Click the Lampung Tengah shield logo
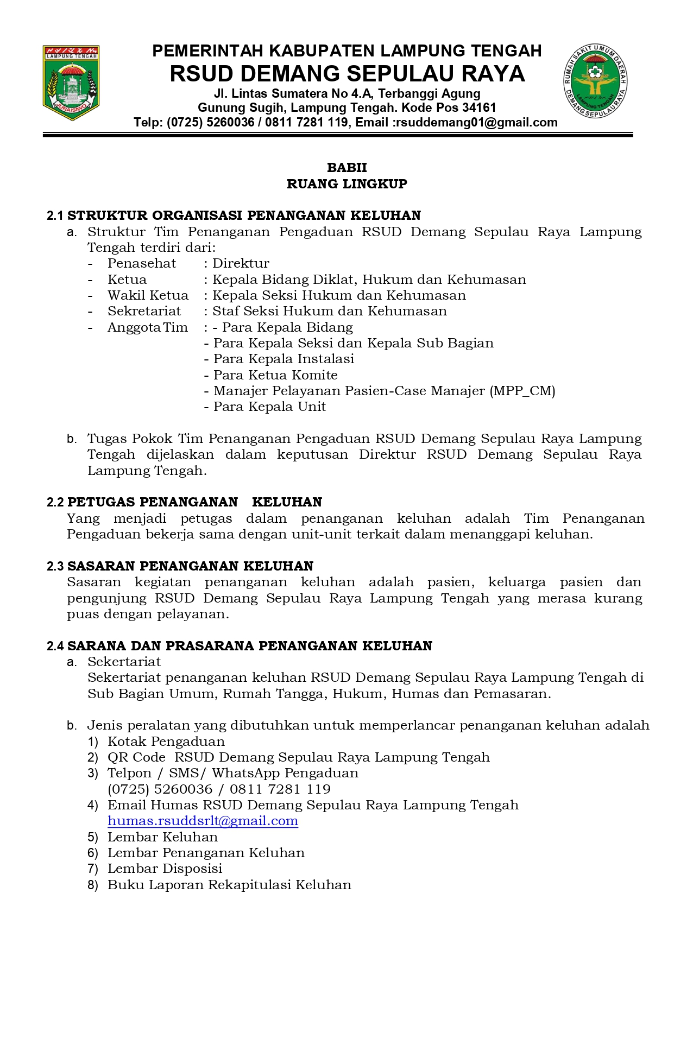pos(71,83)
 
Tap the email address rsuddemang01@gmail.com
pos(476,123)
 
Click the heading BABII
pos(346,168)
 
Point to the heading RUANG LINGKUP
pos(346,184)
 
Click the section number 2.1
pos(55,216)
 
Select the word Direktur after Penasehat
pos(241,264)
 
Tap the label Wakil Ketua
pos(148,296)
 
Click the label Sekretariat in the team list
pos(144,312)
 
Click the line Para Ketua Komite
pos(275,376)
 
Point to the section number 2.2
pos(55,503)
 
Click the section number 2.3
pos(55,567)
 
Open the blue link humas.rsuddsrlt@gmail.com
pos(203,821)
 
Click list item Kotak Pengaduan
pos(166,742)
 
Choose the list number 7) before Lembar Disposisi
pos(93,869)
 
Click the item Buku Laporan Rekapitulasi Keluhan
pos(229,885)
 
